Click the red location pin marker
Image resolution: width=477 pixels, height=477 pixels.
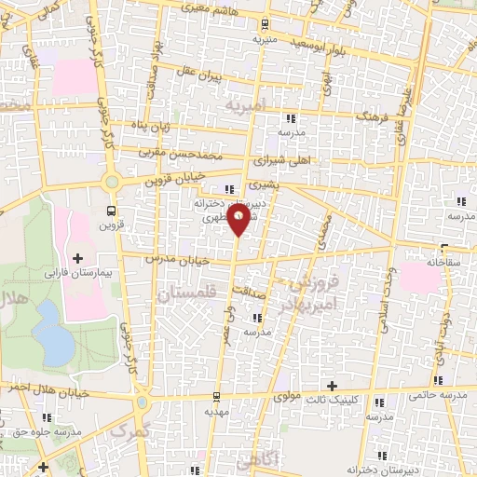pyautogui.click(x=239, y=219)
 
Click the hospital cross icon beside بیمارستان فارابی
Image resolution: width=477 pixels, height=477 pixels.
pyautogui.click(x=77, y=257)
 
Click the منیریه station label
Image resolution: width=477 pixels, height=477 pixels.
pyautogui.click(x=266, y=42)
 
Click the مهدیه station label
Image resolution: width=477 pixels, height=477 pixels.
pyautogui.click(x=216, y=411)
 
